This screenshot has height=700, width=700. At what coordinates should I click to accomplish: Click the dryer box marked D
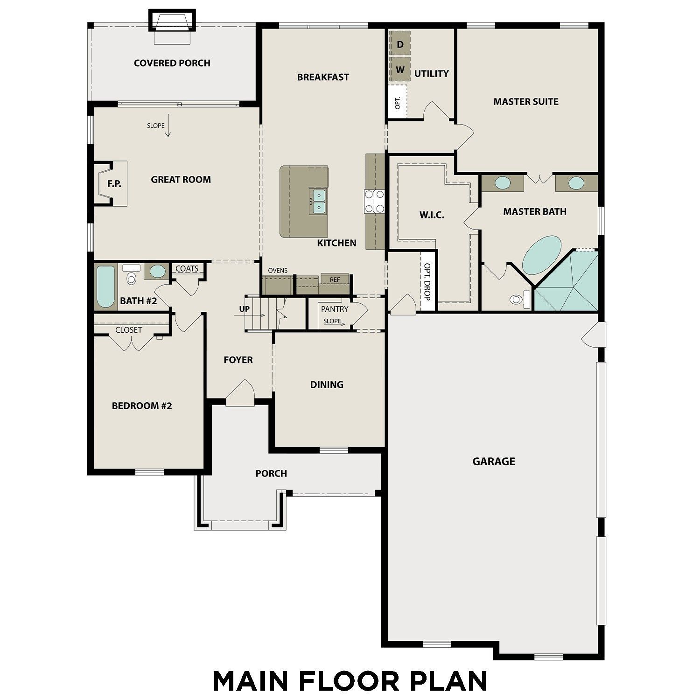click(400, 44)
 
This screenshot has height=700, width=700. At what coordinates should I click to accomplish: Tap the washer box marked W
click(400, 70)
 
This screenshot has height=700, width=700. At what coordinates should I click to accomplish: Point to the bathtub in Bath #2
click(105, 287)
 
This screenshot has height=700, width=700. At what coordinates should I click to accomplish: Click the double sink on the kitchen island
click(319, 201)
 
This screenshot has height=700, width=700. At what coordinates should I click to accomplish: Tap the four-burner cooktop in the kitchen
click(374, 201)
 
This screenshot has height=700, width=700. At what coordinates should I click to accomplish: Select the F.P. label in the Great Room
click(114, 184)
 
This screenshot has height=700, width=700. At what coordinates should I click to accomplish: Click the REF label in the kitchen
click(335, 280)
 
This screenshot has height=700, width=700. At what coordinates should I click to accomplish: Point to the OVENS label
click(278, 271)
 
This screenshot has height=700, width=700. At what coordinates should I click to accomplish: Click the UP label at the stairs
click(245, 309)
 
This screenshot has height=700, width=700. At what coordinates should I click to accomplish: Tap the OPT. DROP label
click(427, 281)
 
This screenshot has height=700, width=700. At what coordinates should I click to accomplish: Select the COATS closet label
click(187, 269)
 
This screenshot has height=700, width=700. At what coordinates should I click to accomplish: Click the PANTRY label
click(335, 309)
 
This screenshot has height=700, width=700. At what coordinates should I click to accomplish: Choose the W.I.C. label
click(432, 215)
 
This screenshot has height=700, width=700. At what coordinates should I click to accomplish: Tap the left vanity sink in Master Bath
click(502, 183)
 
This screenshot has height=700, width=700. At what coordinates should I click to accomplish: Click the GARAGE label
click(494, 462)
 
